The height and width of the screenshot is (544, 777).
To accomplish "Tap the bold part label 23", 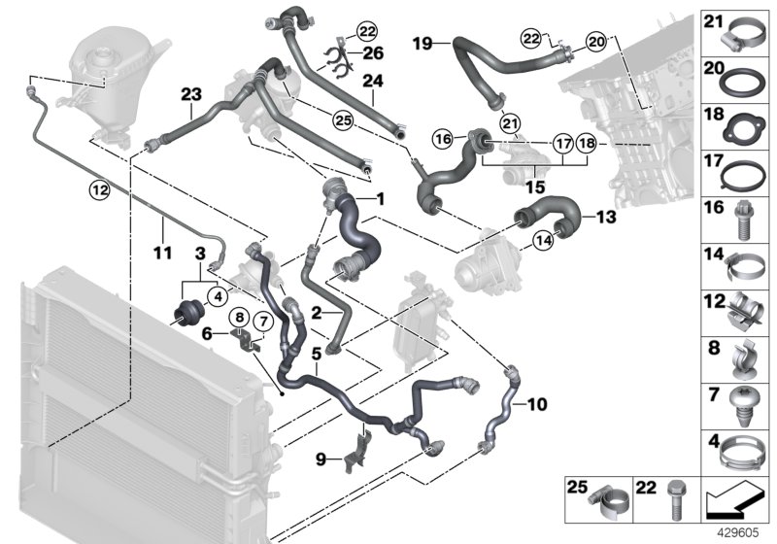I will coord(189,95).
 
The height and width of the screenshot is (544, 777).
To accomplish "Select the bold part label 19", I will coord(422,43).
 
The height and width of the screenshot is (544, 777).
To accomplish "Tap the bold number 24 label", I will coord(373,83).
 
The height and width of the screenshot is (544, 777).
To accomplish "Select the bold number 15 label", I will coord(536,185).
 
